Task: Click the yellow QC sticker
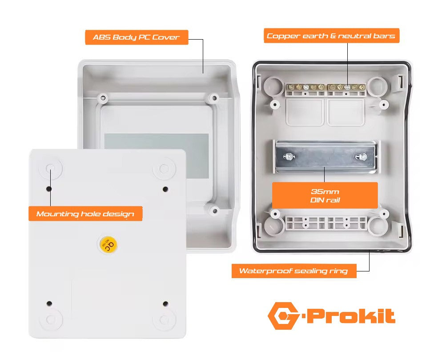click(108, 244)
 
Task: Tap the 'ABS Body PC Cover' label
click(137, 37)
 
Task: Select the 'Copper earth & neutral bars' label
click(332, 36)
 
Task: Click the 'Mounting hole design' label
click(85, 214)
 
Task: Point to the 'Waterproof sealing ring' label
click(294, 271)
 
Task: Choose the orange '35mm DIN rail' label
click(325, 195)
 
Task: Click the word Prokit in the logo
click(351, 316)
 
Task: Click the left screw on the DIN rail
click(289, 156)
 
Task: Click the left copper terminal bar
click(305, 87)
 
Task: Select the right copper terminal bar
click(347, 87)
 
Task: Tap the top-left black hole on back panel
click(49, 189)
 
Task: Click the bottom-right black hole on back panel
click(165, 304)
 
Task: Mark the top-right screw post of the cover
click(214, 98)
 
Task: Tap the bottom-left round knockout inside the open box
click(274, 227)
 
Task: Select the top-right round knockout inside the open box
click(377, 86)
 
